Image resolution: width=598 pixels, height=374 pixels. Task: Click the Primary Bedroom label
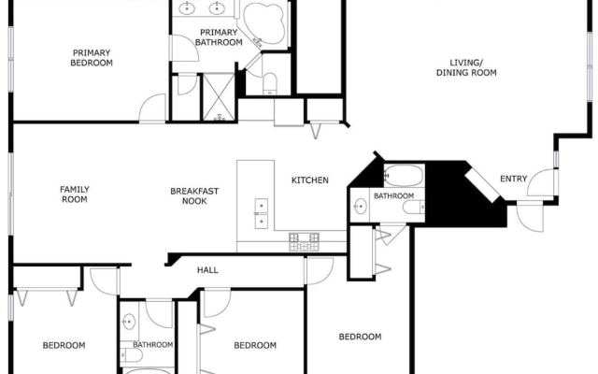coord(92,58)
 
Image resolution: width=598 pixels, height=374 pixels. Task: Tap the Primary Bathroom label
coord(219,37)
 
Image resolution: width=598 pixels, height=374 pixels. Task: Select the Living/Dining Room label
coord(466,67)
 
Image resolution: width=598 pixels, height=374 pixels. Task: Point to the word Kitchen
coord(309,180)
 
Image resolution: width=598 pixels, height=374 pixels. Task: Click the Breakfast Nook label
coord(194,195)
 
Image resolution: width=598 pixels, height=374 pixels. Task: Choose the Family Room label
coord(75,194)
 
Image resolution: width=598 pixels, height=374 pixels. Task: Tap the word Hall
coord(207,270)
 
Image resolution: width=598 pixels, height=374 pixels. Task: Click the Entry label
coord(513,179)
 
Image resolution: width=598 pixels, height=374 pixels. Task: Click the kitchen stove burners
coord(304,242)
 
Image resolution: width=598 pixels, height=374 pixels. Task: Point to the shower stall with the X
coord(219,97)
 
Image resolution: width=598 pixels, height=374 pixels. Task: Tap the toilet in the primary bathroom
coord(270,83)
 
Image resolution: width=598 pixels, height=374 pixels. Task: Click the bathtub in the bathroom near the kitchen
coord(404,176)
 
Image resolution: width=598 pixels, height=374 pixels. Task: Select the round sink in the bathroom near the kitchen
coord(360,207)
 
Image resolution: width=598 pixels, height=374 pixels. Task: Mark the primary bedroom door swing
coord(152,108)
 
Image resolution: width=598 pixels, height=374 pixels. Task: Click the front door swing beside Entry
coord(541,183)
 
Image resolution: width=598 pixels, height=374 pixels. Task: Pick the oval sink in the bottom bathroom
coord(129,322)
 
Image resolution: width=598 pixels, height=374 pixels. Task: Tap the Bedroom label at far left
coord(64,345)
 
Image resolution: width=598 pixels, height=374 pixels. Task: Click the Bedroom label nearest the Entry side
coord(360,337)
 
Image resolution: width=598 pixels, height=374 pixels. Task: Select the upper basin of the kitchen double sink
coord(262,206)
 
